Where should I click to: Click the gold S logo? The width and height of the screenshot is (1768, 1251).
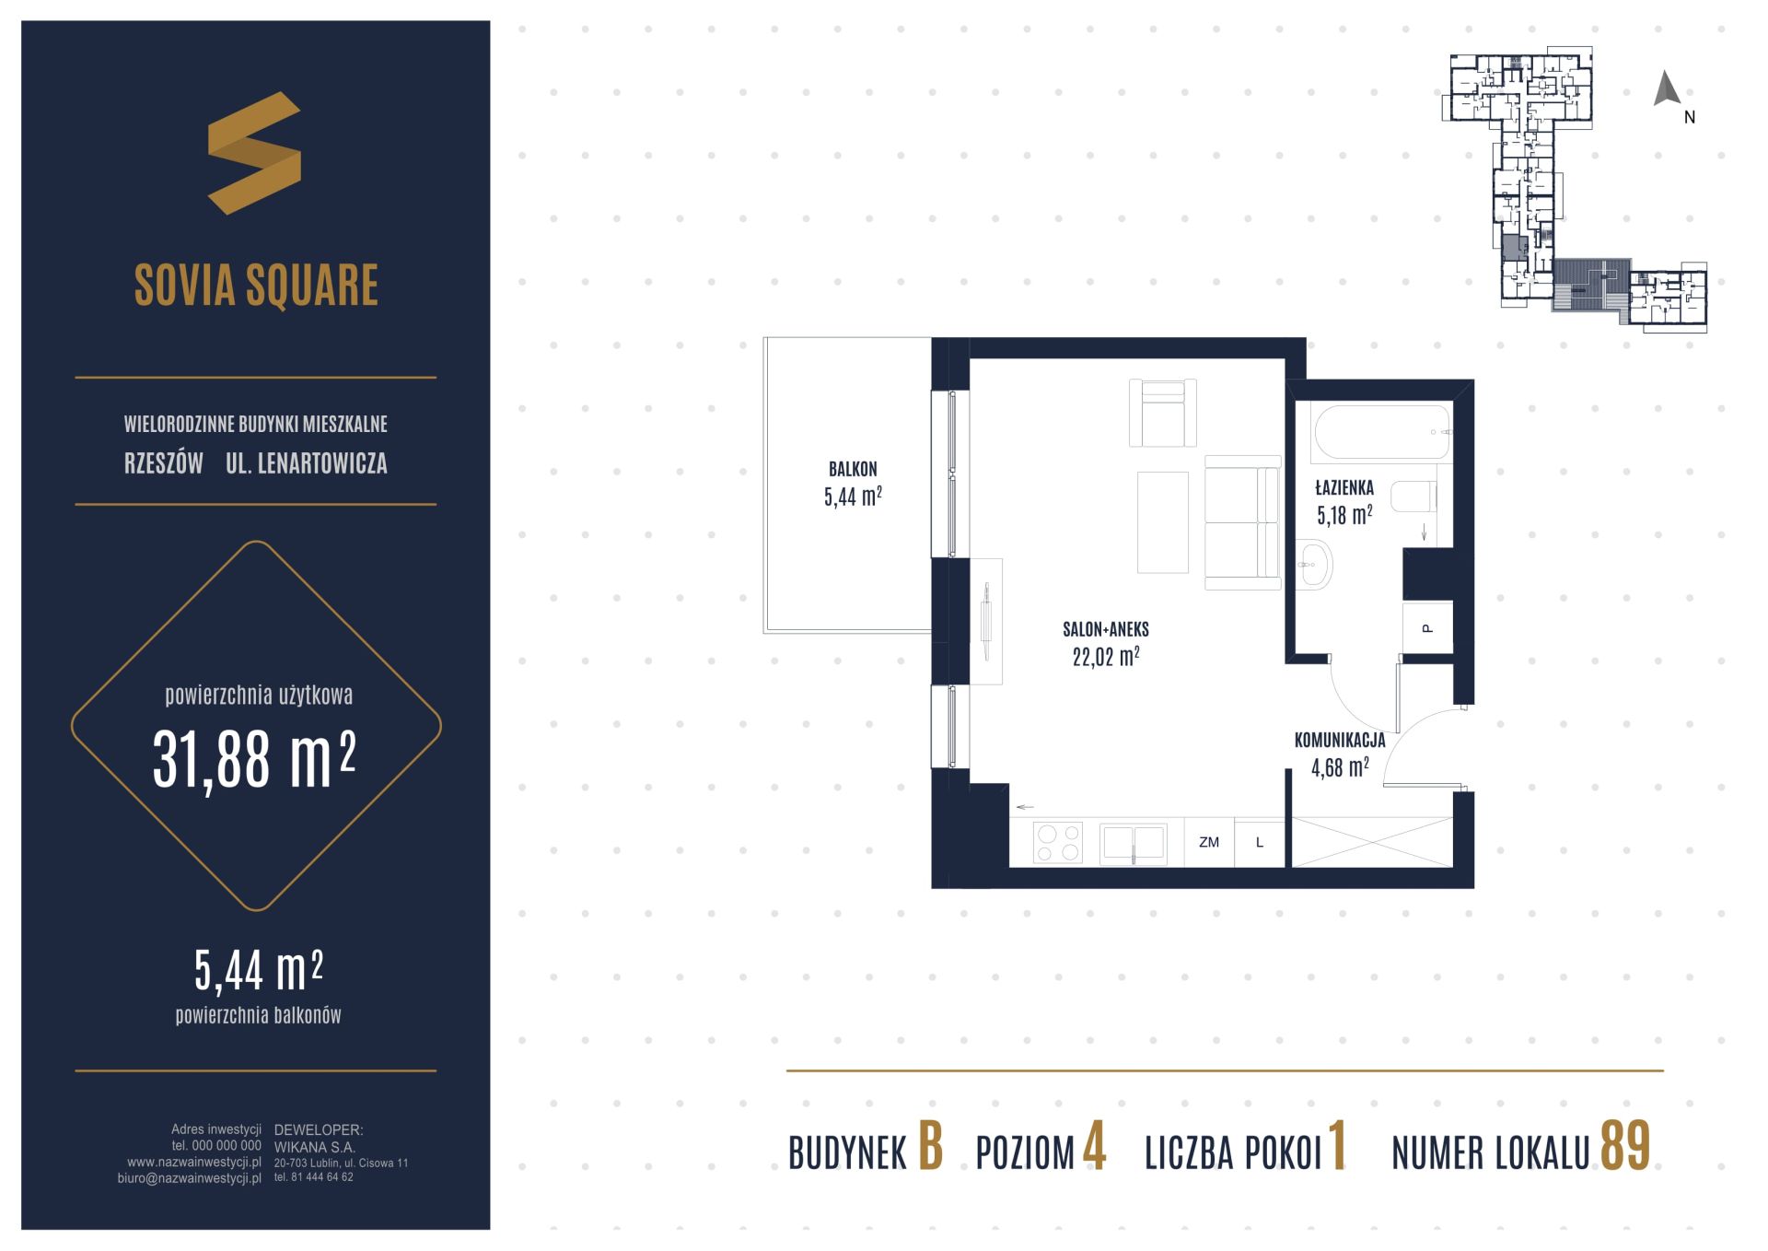click(254, 153)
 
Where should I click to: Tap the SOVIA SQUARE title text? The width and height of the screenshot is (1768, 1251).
click(256, 285)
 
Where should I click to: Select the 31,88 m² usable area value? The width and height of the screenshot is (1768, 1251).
click(254, 760)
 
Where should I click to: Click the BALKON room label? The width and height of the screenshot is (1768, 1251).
click(853, 469)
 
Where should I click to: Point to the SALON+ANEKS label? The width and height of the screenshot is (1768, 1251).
click(1106, 630)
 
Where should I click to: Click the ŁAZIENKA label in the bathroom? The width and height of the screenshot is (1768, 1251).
click(1344, 488)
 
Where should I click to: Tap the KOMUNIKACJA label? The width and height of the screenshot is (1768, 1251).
click(1340, 741)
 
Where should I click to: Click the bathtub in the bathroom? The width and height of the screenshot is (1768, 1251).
click(1382, 432)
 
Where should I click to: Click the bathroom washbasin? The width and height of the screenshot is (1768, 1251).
click(1314, 565)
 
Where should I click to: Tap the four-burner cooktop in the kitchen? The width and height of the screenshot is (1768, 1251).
click(1057, 843)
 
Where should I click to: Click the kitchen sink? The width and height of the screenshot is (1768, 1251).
click(1134, 844)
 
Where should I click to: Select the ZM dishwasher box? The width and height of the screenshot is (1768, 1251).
click(1209, 843)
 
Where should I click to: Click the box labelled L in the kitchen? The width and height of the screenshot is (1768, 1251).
click(1260, 843)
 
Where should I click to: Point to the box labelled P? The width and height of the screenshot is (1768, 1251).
click(1427, 628)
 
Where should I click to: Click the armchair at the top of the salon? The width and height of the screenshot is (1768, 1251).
click(1163, 413)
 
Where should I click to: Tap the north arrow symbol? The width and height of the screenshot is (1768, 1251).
click(1667, 88)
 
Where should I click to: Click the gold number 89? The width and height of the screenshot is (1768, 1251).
click(1625, 1147)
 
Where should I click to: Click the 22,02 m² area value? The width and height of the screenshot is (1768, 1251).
click(1106, 657)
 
